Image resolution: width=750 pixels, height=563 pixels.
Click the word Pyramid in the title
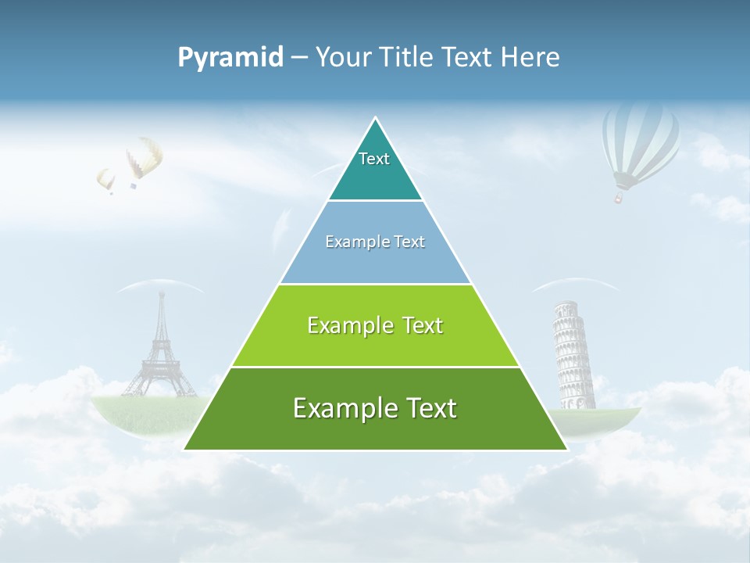point(230,57)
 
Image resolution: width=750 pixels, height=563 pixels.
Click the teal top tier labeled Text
point(375,168)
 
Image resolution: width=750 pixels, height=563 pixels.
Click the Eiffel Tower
point(160,352)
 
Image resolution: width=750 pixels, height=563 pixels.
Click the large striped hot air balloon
point(640,141)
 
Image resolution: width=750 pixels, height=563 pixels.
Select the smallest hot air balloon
point(105,180)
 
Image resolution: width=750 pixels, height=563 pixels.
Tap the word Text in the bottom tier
point(425,409)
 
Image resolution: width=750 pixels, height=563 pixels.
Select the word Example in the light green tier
point(341,325)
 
